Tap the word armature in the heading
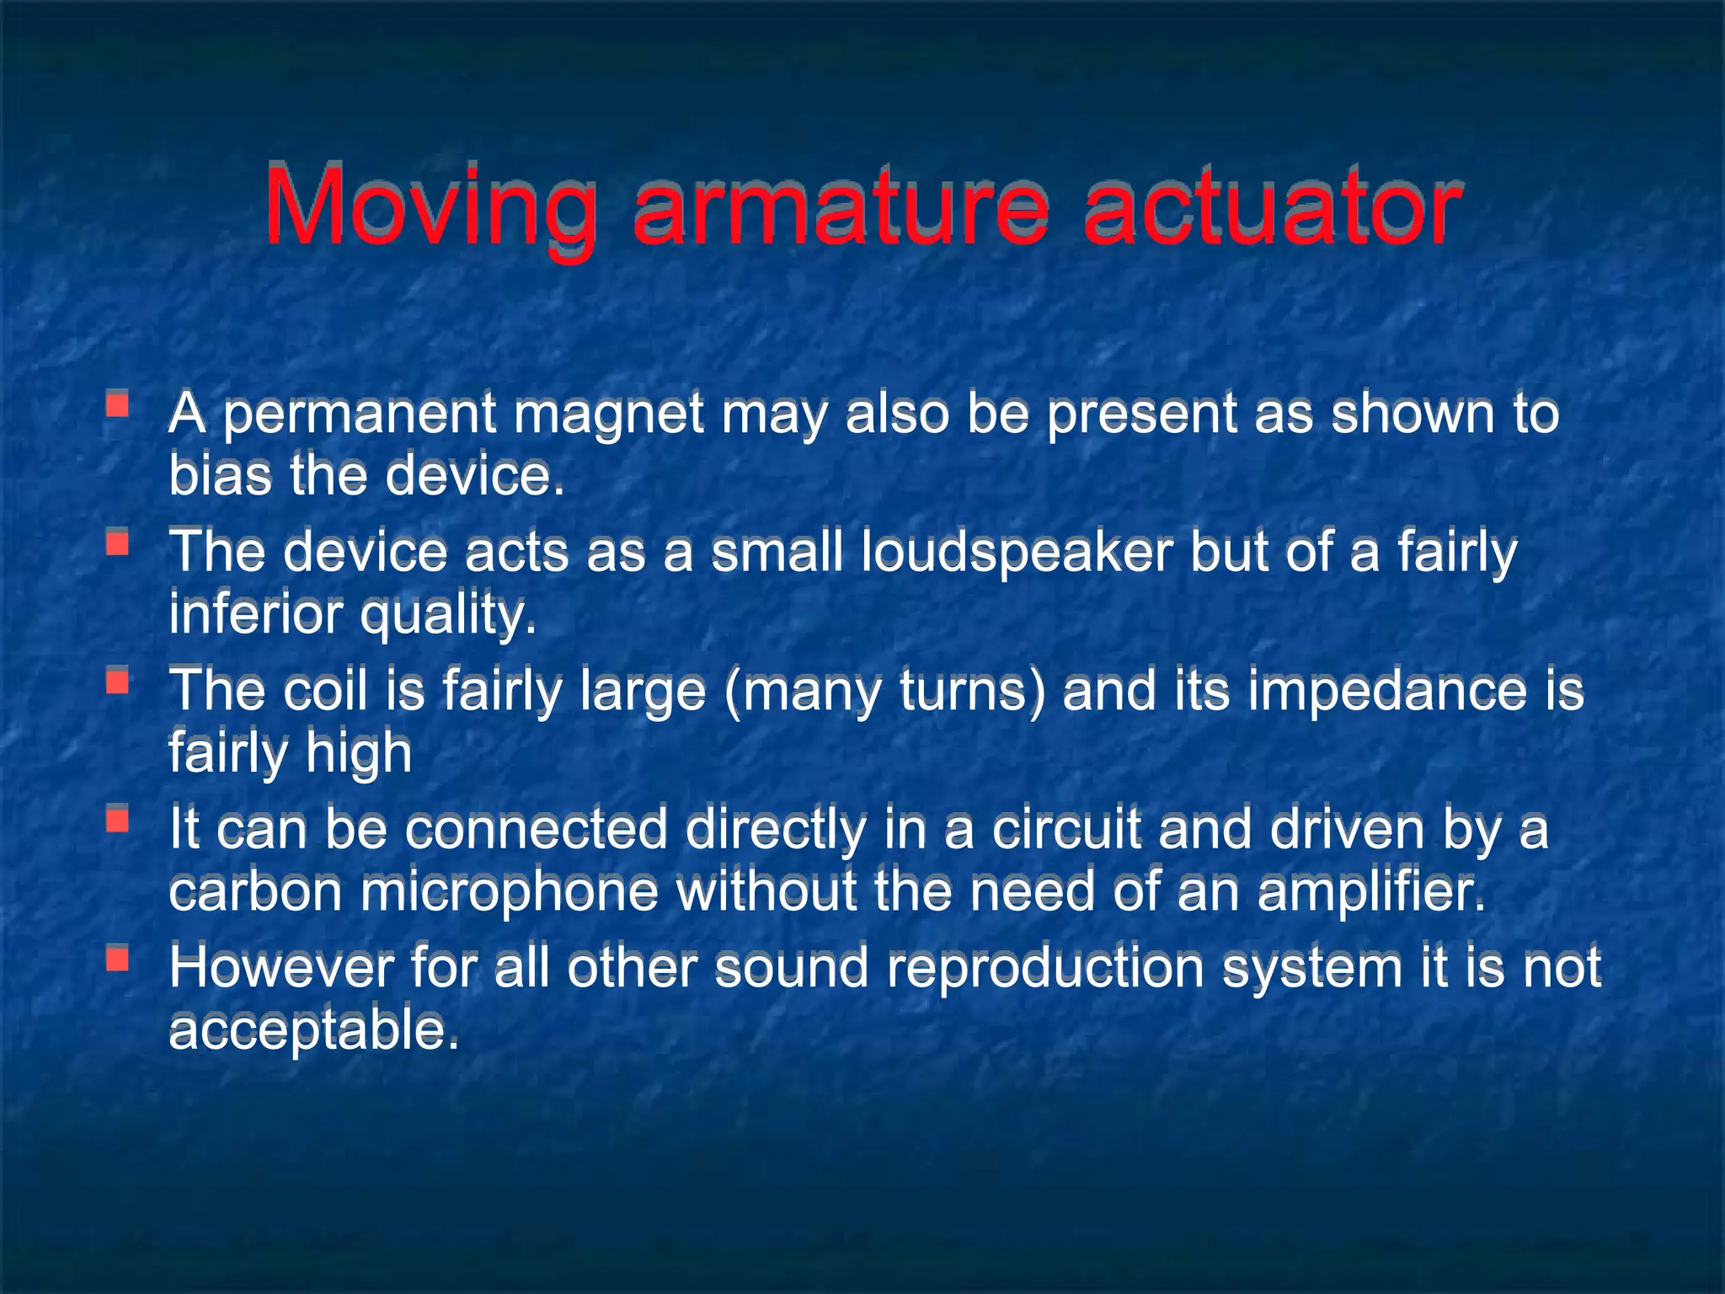841,206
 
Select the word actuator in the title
1271,206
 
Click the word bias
221,476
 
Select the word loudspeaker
1017,553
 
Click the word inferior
256,614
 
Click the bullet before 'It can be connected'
117,819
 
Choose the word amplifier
1372,892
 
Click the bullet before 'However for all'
117,959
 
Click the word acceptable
314,1030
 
